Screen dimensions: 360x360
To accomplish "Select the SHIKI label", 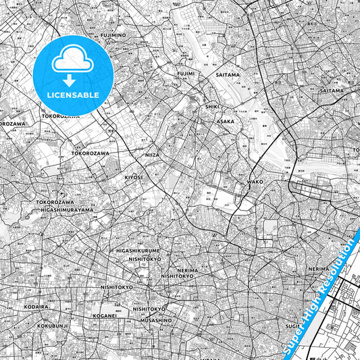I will (x=212, y=106).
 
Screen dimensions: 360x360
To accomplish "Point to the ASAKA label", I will (x=226, y=121).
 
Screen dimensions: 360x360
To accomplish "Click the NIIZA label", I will (x=153, y=155).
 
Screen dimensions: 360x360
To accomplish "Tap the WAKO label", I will (x=255, y=182).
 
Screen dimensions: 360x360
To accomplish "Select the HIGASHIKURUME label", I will (x=138, y=251).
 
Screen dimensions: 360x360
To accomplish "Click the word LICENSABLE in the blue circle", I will (x=72, y=95).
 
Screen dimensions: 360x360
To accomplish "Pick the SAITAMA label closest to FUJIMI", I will (x=228, y=75).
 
